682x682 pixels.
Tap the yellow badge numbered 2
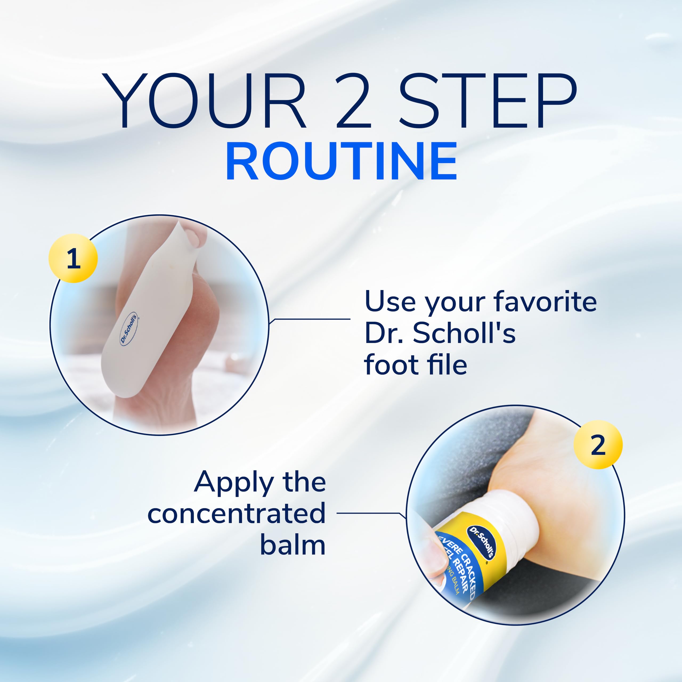pyautogui.click(x=598, y=445)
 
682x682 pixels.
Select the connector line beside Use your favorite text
pyautogui.click(x=311, y=319)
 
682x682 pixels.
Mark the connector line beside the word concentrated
pyautogui.click(x=367, y=513)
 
